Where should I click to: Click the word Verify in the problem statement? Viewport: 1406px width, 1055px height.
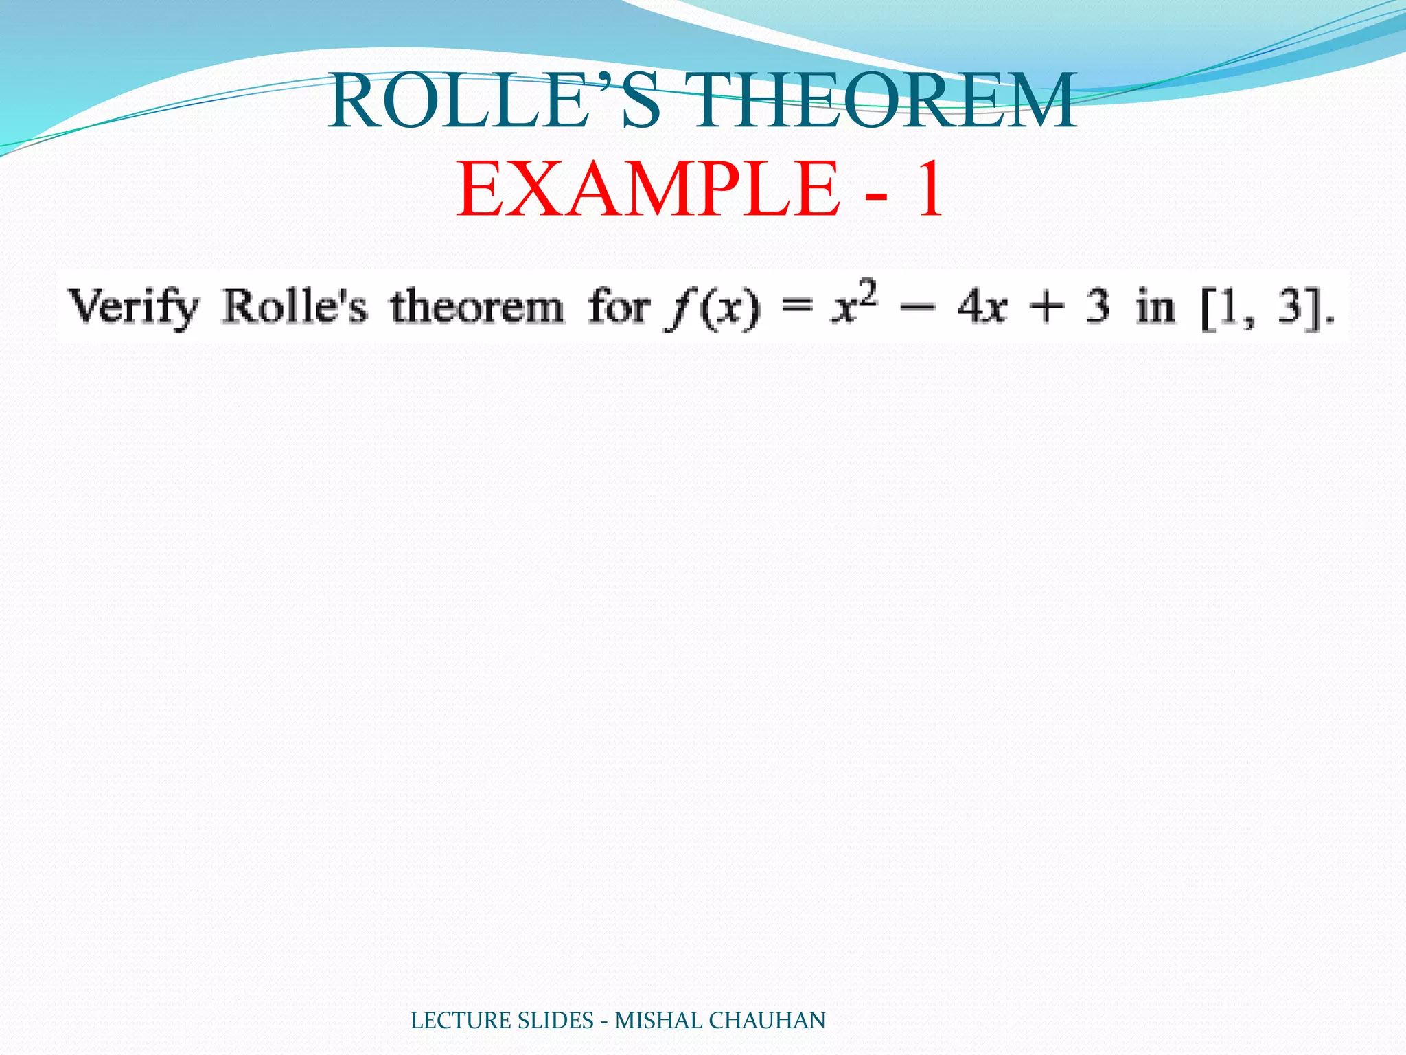coord(134,307)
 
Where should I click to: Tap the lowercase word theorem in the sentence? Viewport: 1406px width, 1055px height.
coord(477,307)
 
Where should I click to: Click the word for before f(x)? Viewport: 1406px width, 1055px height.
coord(618,307)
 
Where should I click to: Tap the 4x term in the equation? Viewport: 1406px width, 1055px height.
coord(982,307)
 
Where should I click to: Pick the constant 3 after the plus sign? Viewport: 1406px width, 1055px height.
coord(1098,307)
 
